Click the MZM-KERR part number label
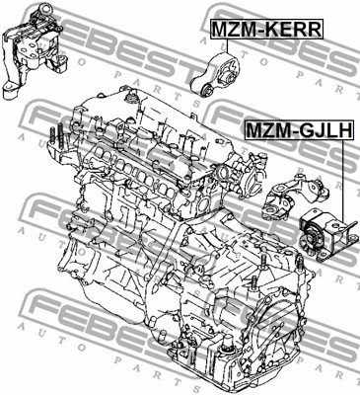[x=266, y=29]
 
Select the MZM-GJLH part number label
[x=300, y=130]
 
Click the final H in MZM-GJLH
[x=345, y=130]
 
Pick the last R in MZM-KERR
[x=314, y=29]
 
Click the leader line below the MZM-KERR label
[x=227, y=45]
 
